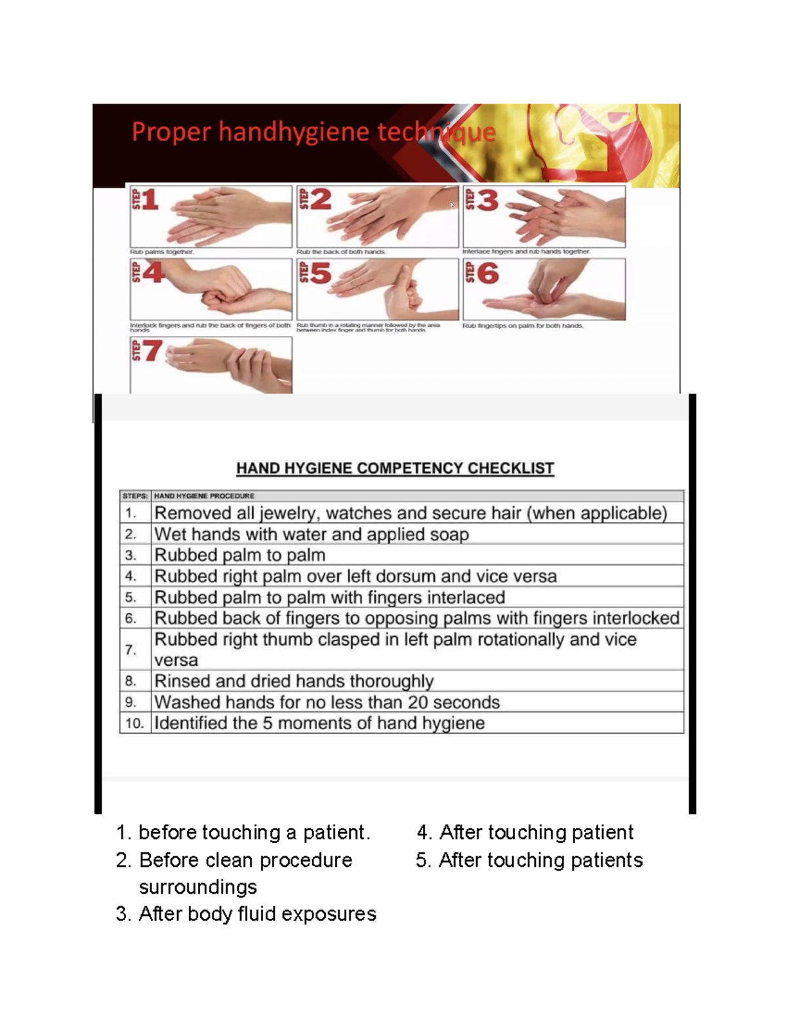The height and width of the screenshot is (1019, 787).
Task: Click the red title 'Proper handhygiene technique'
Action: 313,133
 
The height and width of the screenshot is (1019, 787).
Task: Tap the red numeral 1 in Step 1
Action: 150,199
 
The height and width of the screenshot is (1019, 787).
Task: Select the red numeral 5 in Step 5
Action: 321,273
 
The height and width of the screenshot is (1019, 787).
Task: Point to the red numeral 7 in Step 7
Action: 152,351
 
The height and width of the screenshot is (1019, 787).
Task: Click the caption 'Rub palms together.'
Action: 161,252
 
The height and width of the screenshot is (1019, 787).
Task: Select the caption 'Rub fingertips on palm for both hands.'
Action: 523,325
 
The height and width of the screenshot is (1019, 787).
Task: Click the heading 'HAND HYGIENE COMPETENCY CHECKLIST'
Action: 395,468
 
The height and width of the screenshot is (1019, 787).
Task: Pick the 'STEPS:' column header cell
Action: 135,496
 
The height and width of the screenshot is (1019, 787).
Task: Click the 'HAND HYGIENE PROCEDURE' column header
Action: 204,496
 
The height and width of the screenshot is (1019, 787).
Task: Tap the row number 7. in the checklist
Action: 131,650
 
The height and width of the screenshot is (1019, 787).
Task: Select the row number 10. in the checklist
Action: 134,723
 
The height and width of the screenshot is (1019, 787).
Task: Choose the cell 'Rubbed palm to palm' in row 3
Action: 239,555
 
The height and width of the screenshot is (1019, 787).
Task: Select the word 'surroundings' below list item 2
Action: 197,886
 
